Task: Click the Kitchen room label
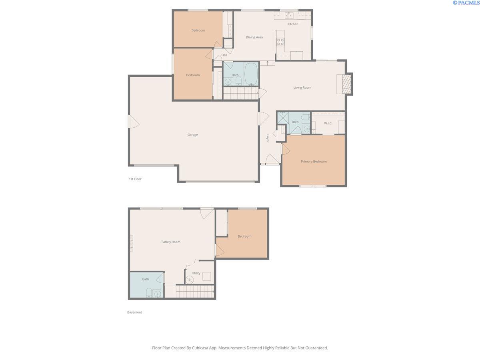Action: [x=292, y=24]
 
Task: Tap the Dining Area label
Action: [x=254, y=37]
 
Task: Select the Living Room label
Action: [x=302, y=88]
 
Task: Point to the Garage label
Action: [x=192, y=135]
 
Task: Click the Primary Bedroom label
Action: [x=314, y=161]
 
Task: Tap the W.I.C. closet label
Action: [x=328, y=123]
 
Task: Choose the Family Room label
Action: [x=171, y=242]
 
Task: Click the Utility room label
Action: [x=196, y=273]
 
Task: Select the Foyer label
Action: [x=268, y=138]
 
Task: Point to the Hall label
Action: [x=224, y=55]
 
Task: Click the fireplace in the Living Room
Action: [x=346, y=84]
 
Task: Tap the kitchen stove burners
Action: [x=280, y=42]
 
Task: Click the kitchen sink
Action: [x=289, y=15]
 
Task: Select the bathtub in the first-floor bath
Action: [x=251, y=74]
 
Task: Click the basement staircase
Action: [x=195, y=291]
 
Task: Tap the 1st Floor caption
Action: [x=135, y=179]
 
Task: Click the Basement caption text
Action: [x=134, y=312]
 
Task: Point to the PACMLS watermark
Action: [x=466, y=3]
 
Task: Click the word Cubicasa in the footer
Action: [x=200, y=348]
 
